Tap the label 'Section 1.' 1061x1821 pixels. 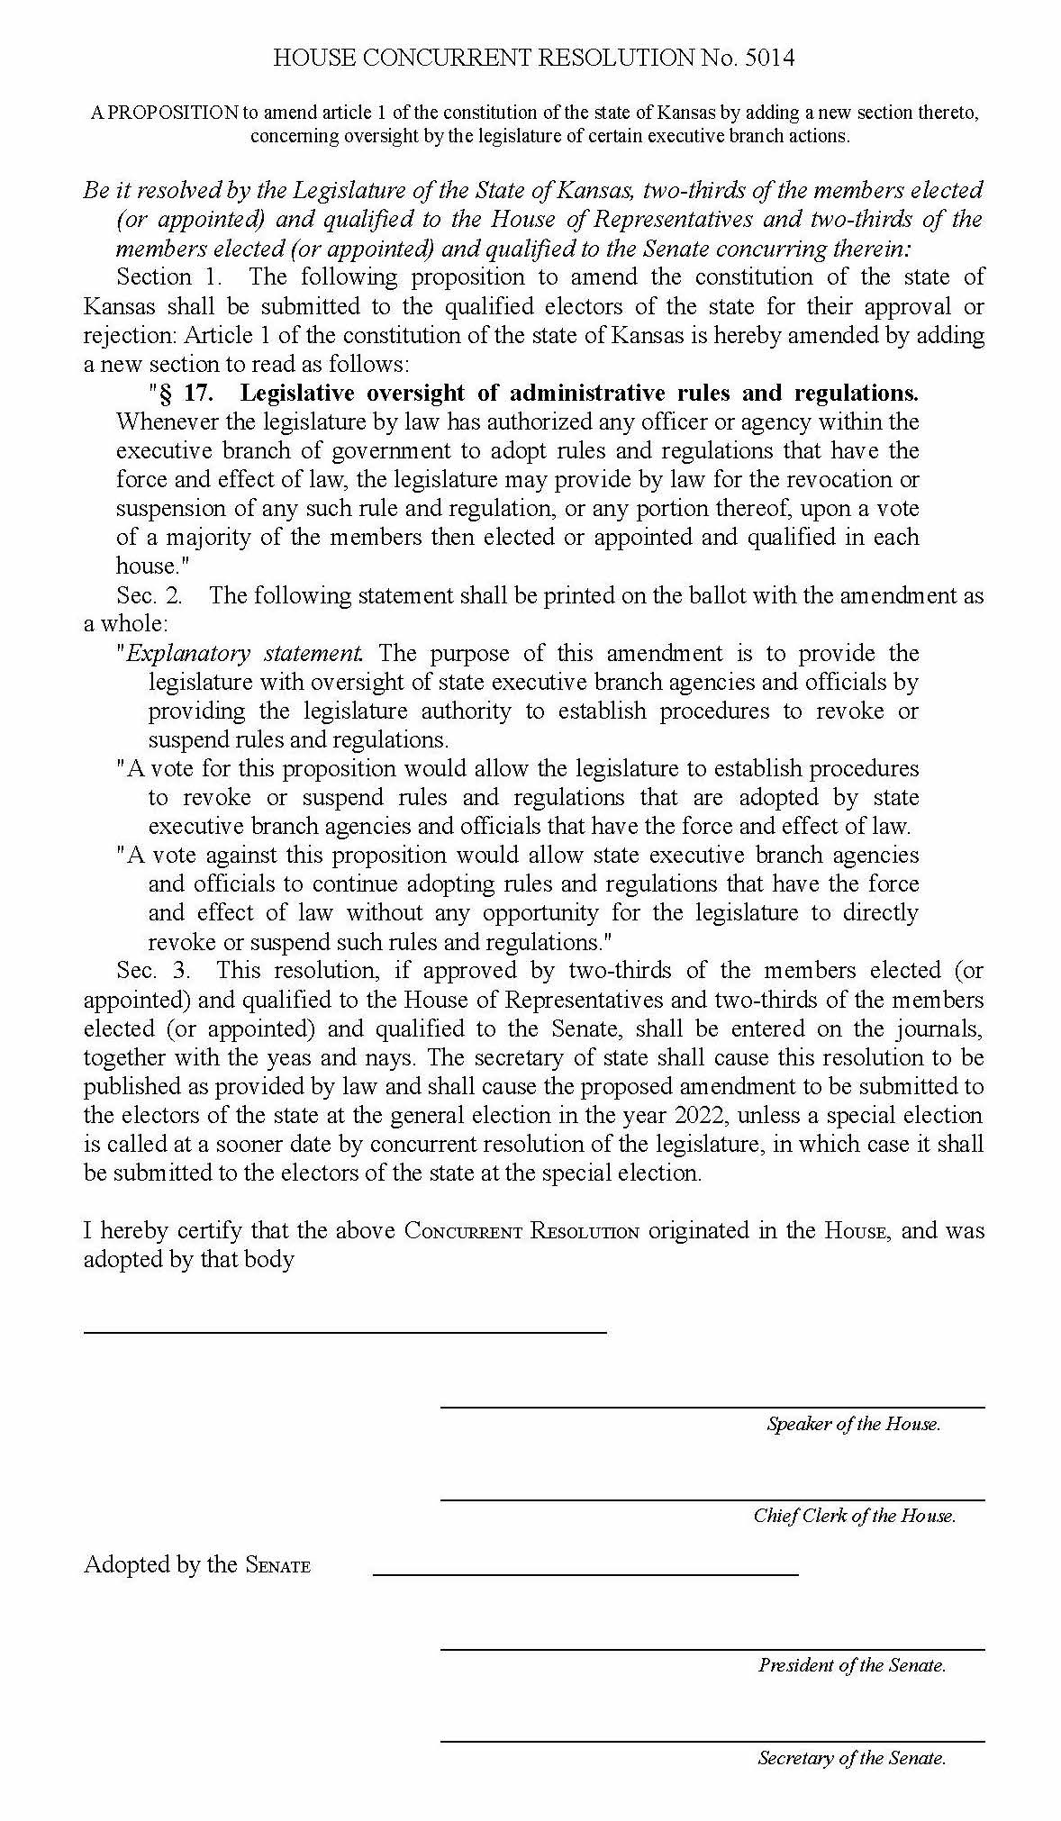(168, 276)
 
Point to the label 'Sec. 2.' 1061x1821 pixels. (149, 595)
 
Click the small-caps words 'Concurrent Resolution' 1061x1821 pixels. (521, 1231)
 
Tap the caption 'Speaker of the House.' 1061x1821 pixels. (853, 1424)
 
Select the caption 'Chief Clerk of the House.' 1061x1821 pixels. (854, 1516)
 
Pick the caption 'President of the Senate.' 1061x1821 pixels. (851, 1665)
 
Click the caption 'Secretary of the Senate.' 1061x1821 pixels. (851, 1757)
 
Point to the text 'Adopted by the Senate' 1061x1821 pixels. (196, 1564)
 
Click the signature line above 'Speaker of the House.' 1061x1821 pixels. (712, 1407)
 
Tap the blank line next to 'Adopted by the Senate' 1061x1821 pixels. (585, 1574)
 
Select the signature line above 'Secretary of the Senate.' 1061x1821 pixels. (712, 1741)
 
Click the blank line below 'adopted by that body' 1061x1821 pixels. (345, 1331)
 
